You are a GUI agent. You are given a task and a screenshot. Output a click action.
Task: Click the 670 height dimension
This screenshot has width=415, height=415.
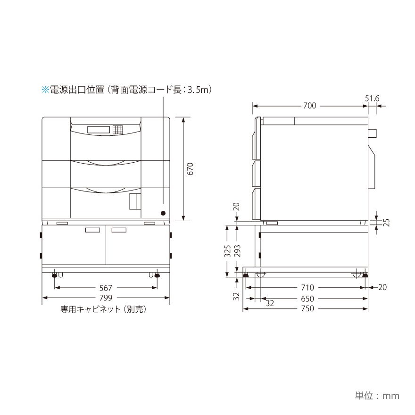tap(191, 169)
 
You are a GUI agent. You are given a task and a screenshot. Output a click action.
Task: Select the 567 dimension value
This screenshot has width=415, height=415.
tap(106, 288)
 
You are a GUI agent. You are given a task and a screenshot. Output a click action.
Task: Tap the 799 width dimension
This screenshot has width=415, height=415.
tap(106, 298)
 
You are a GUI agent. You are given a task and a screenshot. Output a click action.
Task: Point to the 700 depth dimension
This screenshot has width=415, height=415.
tap(310, 106)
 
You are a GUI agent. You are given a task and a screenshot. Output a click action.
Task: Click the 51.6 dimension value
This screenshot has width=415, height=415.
tap(372, 99)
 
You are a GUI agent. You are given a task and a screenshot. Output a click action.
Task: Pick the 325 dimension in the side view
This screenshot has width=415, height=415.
tap(228, 251)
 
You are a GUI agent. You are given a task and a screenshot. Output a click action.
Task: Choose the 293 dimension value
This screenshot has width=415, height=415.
tap(237, 251)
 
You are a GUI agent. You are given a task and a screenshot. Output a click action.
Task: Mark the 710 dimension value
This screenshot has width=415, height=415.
tap(307, 287)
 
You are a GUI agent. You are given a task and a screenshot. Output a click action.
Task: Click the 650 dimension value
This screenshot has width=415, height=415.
tap(307, 299)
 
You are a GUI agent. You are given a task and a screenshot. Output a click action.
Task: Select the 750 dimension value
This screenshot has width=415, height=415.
tap(307, 308)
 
